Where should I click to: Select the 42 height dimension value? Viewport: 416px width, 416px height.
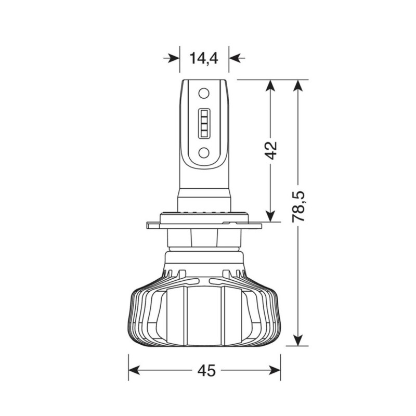pos(270,151)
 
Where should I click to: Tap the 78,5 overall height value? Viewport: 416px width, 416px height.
pos(298,206)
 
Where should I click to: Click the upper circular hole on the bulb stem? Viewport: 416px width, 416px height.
pos(204,94)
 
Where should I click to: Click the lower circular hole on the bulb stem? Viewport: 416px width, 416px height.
pos(204,152)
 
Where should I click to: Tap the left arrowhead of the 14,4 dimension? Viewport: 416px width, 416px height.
pos(173,58)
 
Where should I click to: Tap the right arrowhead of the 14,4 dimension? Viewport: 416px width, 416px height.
pos(237,58)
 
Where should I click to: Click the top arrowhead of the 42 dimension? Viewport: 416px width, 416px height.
pos(270,86)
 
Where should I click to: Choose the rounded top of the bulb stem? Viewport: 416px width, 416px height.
pos(204,83)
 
